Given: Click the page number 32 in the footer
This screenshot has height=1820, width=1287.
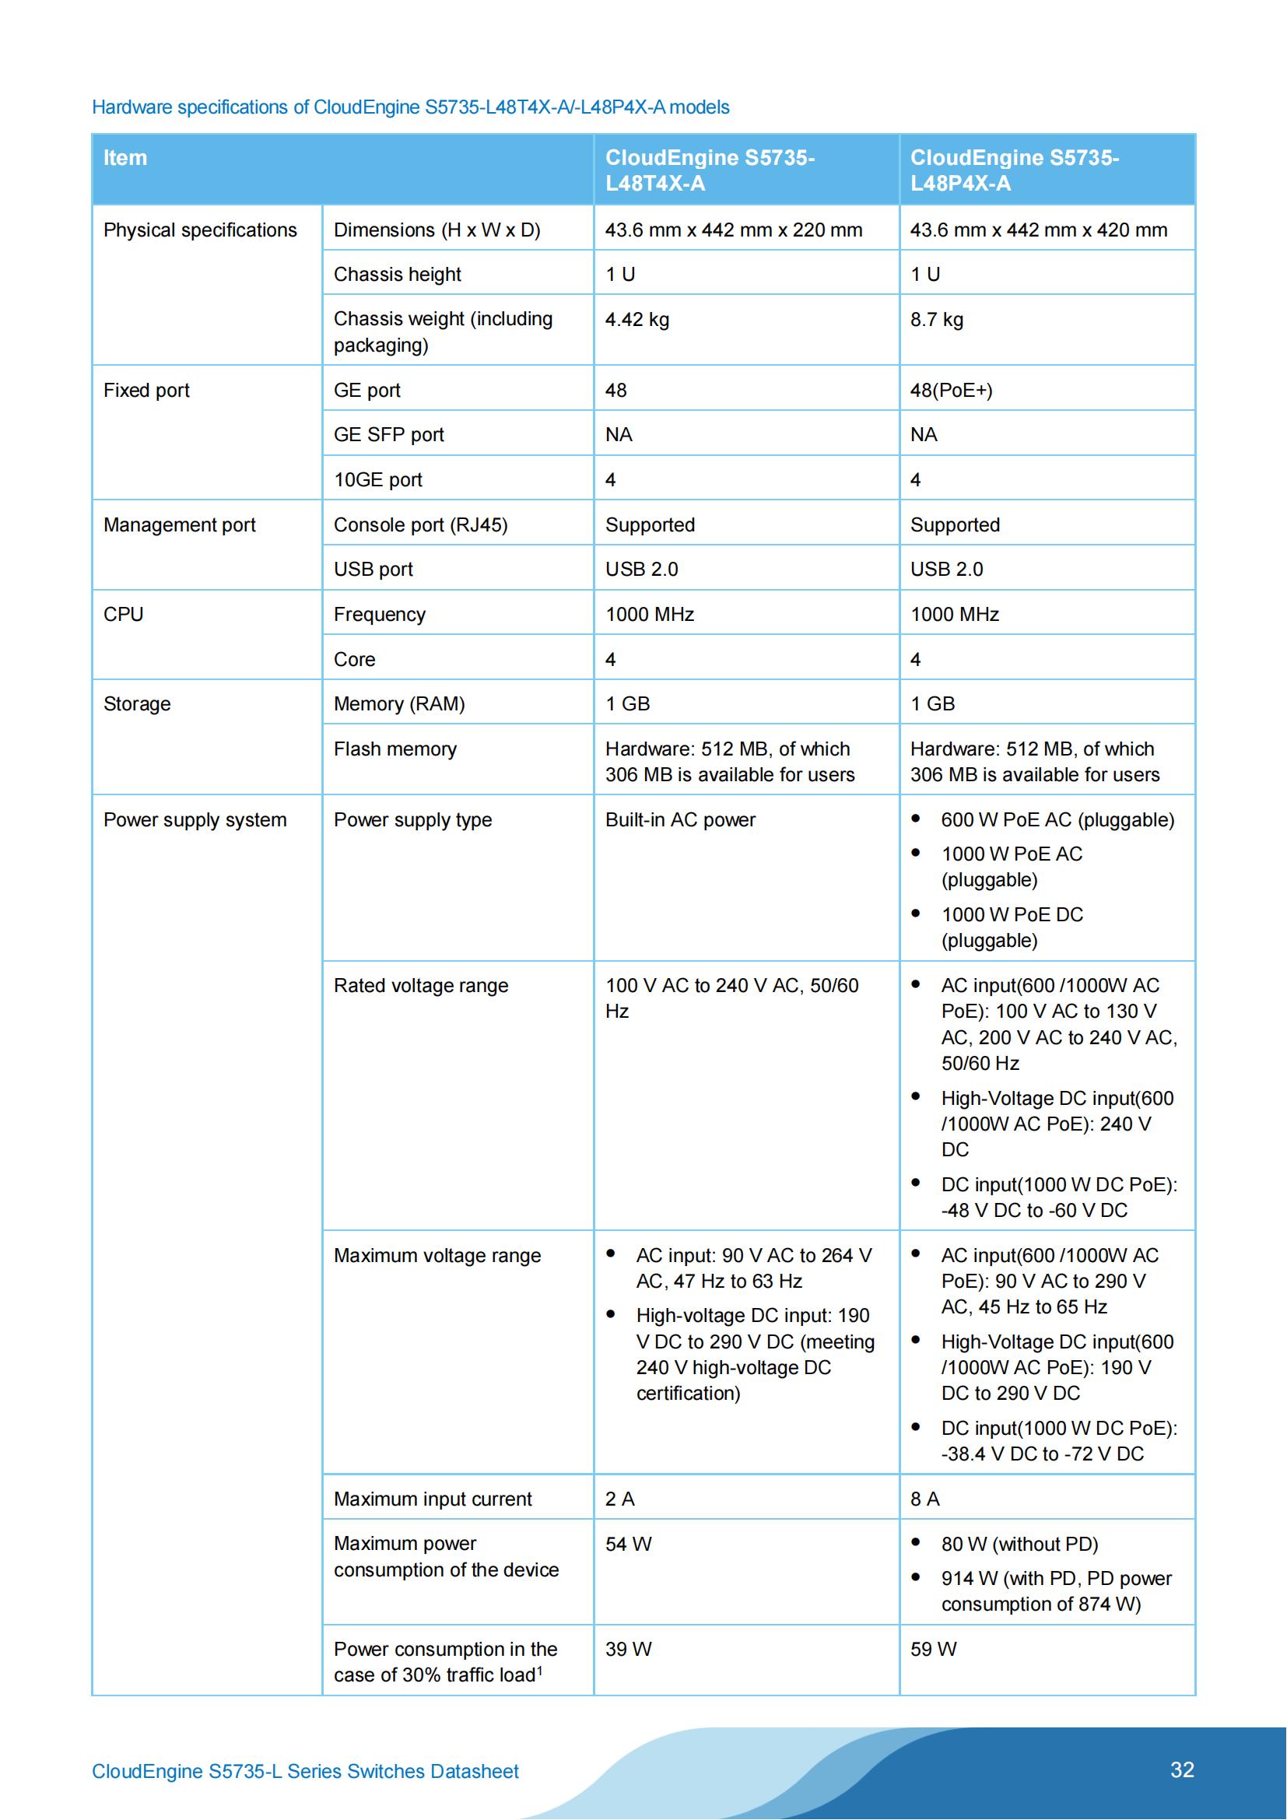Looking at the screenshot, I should (1182, 1770).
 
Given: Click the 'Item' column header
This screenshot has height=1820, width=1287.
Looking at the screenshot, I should (125, 158).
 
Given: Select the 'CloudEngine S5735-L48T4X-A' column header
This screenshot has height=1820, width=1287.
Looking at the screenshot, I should (710, 170).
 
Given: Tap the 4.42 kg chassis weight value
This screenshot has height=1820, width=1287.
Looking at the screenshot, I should (637, 320).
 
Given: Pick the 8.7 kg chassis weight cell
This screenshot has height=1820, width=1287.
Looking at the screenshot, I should (937, 320).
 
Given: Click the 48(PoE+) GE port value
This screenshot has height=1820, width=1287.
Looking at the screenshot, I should (951, 390).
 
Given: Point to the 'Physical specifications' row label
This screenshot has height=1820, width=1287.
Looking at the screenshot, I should (200, 230).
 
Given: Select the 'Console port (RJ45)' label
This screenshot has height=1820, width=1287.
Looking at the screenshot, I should (420, 524).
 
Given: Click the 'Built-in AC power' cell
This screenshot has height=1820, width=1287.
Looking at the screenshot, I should (680, 819).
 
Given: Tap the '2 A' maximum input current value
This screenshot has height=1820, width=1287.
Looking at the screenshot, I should (619, 1499).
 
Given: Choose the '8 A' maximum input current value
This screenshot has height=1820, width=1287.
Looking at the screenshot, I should (925, 1499).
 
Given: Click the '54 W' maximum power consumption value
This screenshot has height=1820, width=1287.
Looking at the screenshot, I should (628, 1544).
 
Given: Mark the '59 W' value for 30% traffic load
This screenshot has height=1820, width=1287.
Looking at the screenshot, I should (934, 1650).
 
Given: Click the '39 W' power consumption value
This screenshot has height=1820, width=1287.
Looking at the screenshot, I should (628, 1650).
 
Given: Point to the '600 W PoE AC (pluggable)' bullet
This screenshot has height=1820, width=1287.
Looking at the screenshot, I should (1057, 819).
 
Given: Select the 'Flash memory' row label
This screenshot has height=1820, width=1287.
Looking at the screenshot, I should (395, 749).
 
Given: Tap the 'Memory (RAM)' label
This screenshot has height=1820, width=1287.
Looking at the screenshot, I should (398, 704).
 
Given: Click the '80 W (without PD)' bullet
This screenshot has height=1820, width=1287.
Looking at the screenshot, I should (1019, 1544).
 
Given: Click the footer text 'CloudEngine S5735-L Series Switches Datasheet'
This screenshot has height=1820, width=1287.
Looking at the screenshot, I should (305, 1772).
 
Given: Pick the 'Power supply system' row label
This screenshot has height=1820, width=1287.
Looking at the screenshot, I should (195, 819).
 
